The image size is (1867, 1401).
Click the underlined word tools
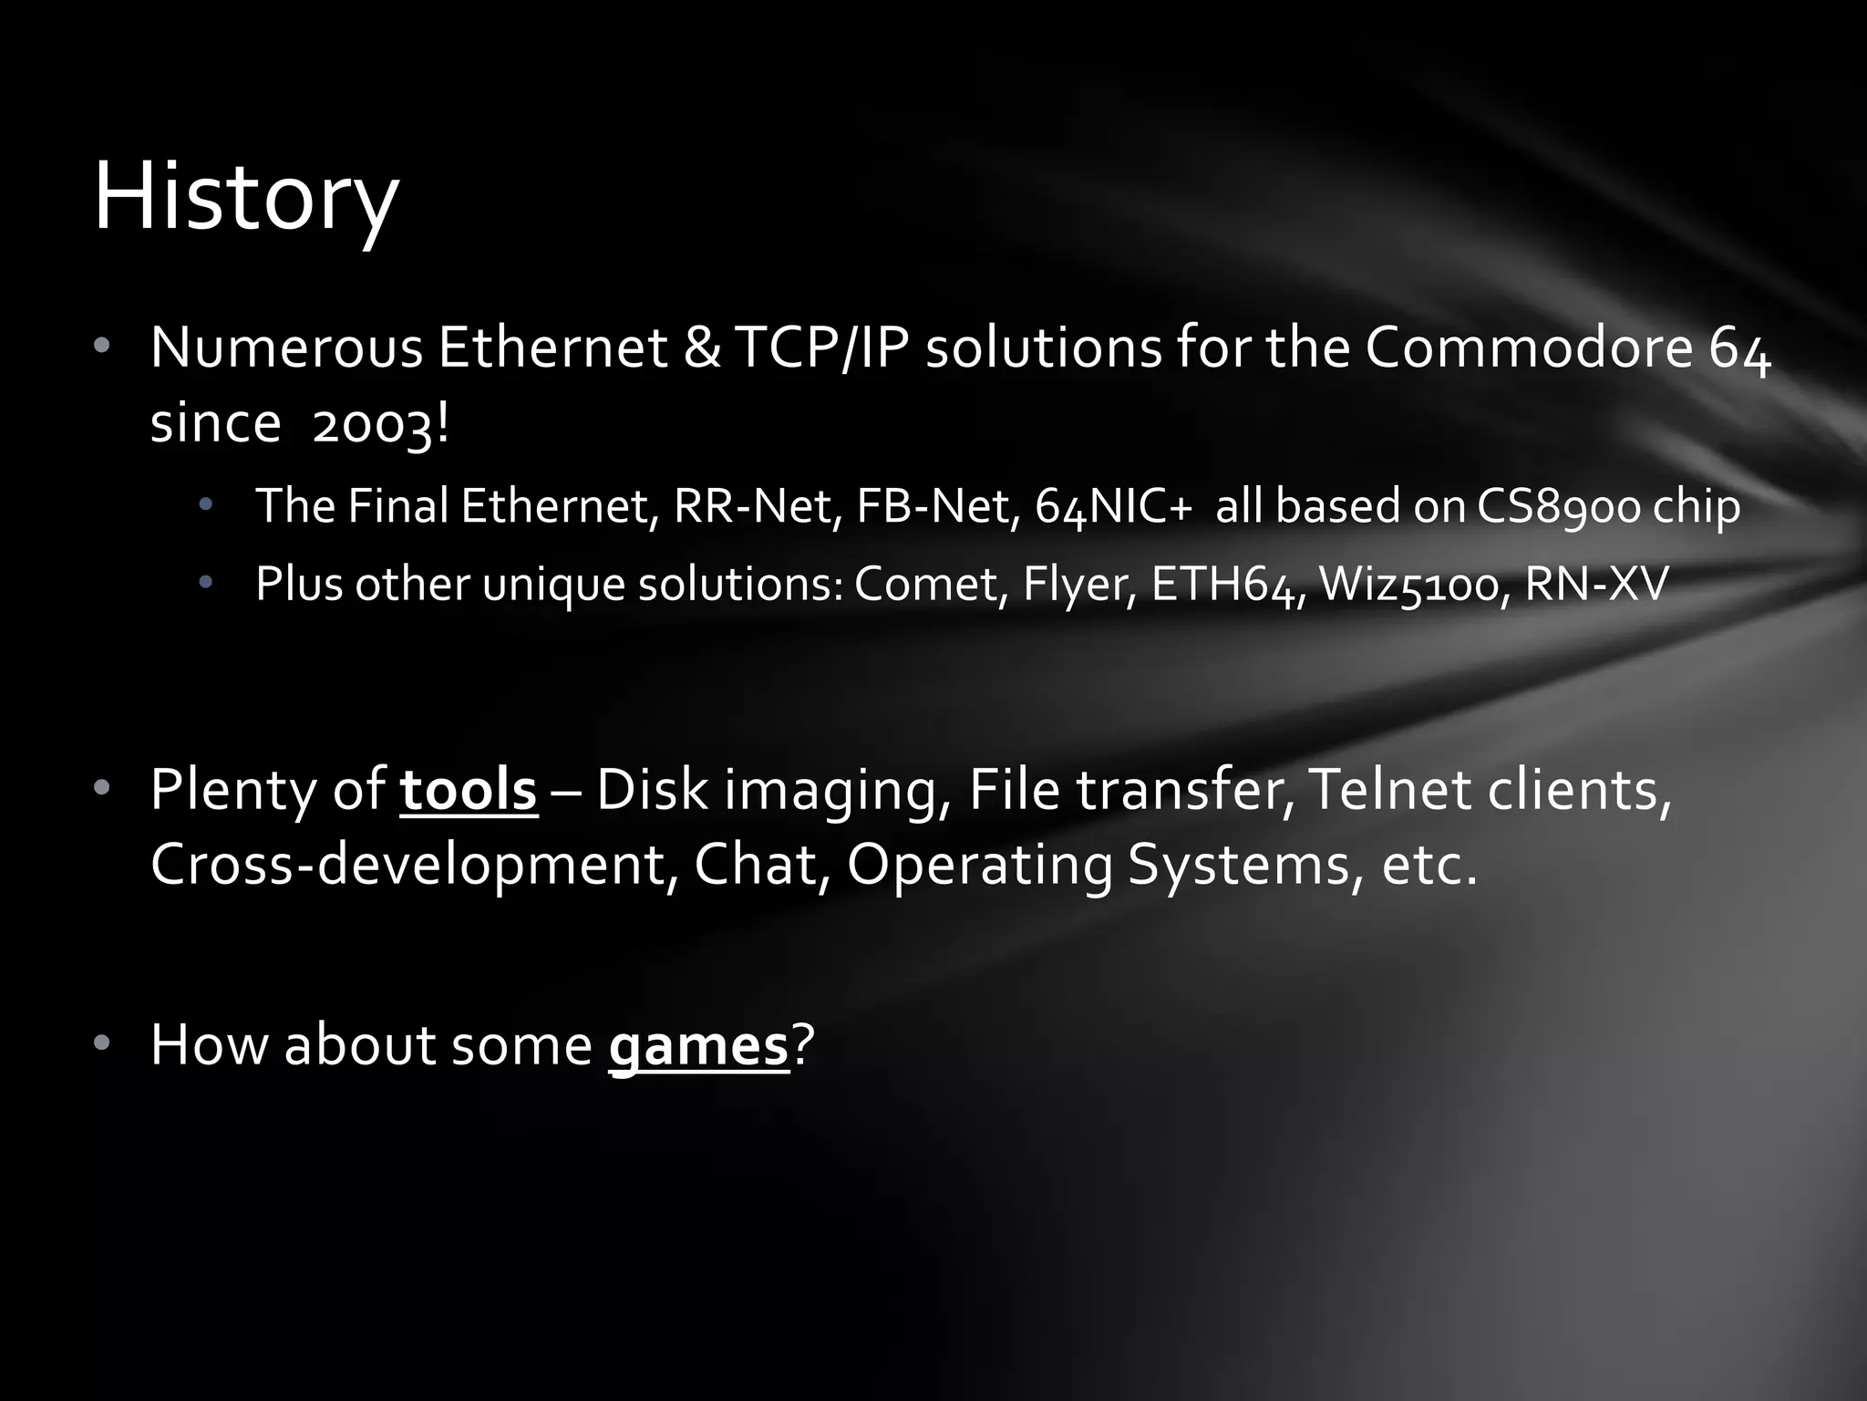click(x=469, y=790)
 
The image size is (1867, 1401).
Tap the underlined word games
click(x=698, y=1045)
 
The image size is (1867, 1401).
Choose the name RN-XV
click(x=1596, y=584)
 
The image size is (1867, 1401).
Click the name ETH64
click(x=1228, y=584)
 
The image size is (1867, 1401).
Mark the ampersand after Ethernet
click(x=701, y=348)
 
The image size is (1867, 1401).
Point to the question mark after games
click(x=802, y=1045)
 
